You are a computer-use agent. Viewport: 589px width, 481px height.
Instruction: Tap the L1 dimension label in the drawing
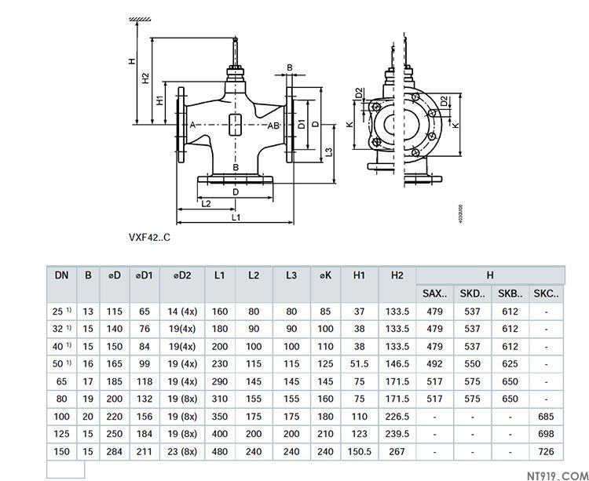pyautogui.click(x=235, y=216)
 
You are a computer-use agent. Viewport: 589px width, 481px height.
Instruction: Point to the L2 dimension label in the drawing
pyautogui.click(x=206, y=204)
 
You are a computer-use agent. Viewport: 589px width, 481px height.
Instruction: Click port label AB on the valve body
pyautogui.click(x=273, y=126)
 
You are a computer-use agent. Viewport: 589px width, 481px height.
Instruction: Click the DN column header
pyautogui.click(x=61, y=275)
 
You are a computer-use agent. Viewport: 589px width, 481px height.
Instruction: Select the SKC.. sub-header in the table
pyautogui.click(x=546, y=294)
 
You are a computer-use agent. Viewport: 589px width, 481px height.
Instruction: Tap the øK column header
pyautogui.click(x=326, y=275)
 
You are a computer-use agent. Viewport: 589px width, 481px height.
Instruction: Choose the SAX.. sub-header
pyautogui.click(x=435, y=294)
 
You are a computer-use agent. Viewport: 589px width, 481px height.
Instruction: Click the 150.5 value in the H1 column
pyautogui.click(x=360, y=451)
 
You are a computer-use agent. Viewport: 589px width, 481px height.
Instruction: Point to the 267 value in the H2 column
pyautogui.click(x=397, y=451)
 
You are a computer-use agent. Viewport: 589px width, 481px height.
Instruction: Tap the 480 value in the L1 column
pyautogui.click(x=220, y=451)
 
